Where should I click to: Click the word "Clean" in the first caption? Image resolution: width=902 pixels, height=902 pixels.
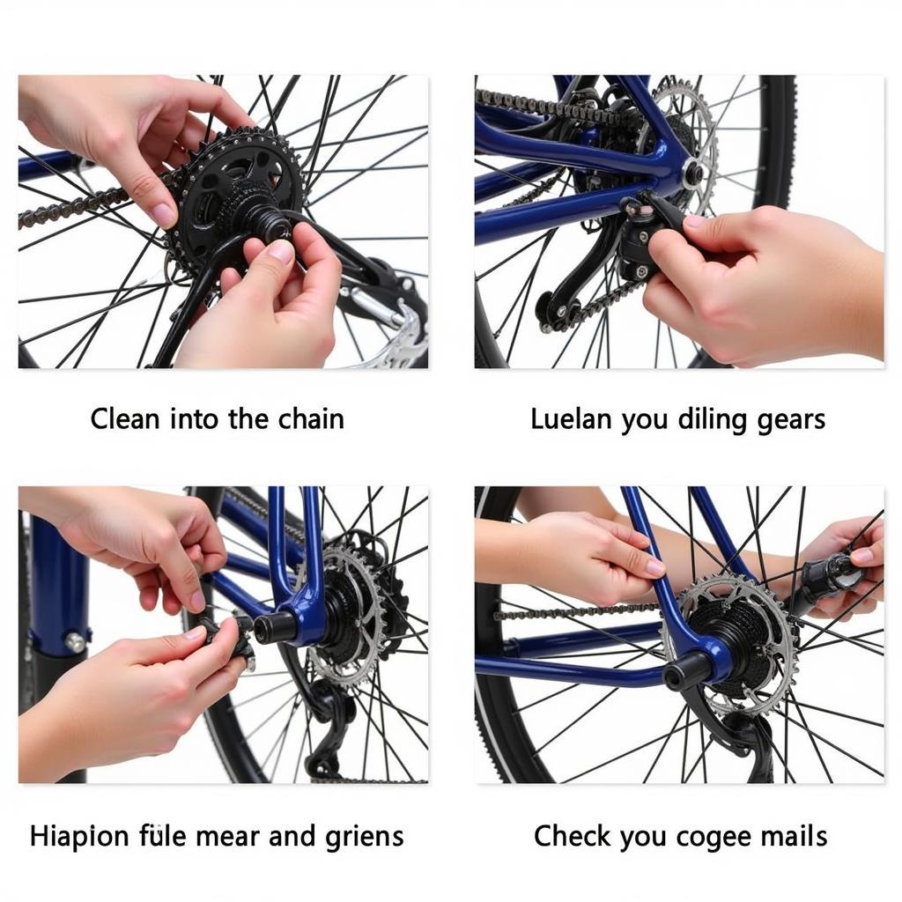[x=124, y=418]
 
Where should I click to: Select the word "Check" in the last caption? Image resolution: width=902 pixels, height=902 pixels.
[x=572, y=836]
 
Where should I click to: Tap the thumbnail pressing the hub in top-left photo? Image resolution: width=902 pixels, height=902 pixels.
[x=281, y=251]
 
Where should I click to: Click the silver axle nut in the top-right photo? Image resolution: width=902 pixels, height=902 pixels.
[x=693, y=172]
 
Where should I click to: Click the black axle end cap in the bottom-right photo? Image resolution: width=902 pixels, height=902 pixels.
[x=688, y=670]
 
